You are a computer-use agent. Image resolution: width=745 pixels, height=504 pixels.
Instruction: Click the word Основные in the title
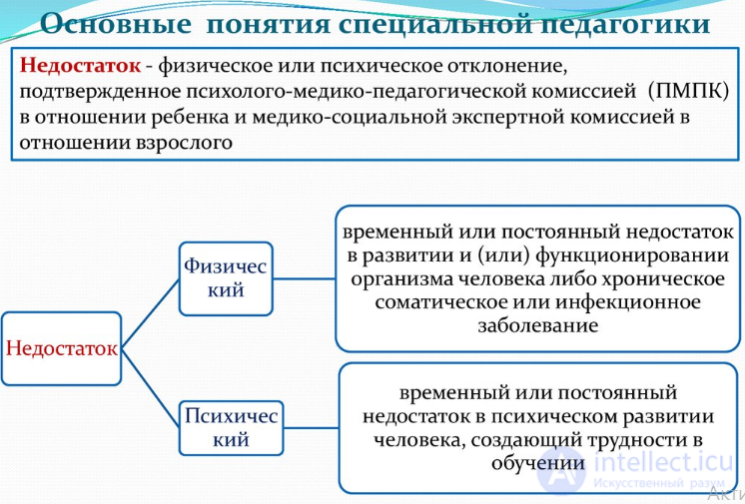(x=116, y=23)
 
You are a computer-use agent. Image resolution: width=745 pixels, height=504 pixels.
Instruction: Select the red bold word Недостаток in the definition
(x=80, y=65)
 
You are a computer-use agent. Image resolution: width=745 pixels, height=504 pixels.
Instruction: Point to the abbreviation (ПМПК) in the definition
(x=688, y=91)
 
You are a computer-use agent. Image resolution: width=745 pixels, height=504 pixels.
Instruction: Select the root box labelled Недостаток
(x=61, y=348)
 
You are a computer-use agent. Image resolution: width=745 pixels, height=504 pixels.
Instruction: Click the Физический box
(x=226, y=278)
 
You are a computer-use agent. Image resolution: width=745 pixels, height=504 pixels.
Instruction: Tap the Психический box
(x=231, y=428)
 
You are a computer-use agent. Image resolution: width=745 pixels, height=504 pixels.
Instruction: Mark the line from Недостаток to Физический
(x=150, y=313)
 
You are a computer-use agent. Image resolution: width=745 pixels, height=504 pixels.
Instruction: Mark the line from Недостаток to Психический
(x=150, y=388)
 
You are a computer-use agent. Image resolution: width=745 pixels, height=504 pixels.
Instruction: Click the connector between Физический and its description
(x=304, y=278)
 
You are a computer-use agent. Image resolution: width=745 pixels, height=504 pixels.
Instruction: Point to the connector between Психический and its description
(x=312, y=428)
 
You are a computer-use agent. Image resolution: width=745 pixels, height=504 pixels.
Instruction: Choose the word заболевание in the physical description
(x=538, y=326)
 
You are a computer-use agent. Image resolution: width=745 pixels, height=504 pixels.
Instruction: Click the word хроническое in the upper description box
(x=663, y=278)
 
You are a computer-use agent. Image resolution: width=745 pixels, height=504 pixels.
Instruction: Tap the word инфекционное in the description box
(x=628, y=302)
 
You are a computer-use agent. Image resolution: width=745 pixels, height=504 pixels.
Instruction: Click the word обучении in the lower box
(x=538, y=463)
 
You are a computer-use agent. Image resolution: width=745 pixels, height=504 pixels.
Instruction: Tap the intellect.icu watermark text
(x=663, y=462)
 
